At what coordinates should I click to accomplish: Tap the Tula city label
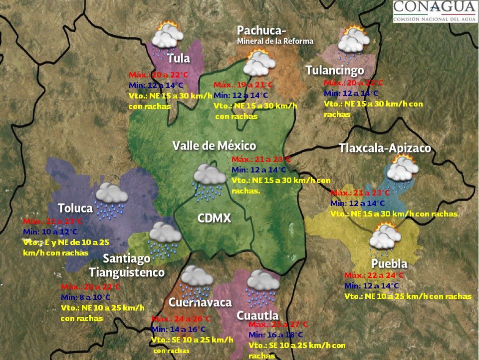(179, 58)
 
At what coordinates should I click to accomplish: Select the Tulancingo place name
(334, 70)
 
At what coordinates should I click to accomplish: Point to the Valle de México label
(214, 145)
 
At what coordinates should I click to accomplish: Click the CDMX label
(214, 218)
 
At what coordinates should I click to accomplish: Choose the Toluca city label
(75, 207)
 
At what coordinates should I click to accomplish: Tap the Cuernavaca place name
(200, 302)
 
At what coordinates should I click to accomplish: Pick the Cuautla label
(257, 315)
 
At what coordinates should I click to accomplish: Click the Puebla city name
(389, 263)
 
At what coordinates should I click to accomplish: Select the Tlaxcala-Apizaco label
(385, 148)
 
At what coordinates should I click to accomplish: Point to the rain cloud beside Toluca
(111, 199)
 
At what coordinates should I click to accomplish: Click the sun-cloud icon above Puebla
(384, 238)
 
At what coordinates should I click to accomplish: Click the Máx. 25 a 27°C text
(278, 324)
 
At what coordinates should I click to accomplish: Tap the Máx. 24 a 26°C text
(181, 319)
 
